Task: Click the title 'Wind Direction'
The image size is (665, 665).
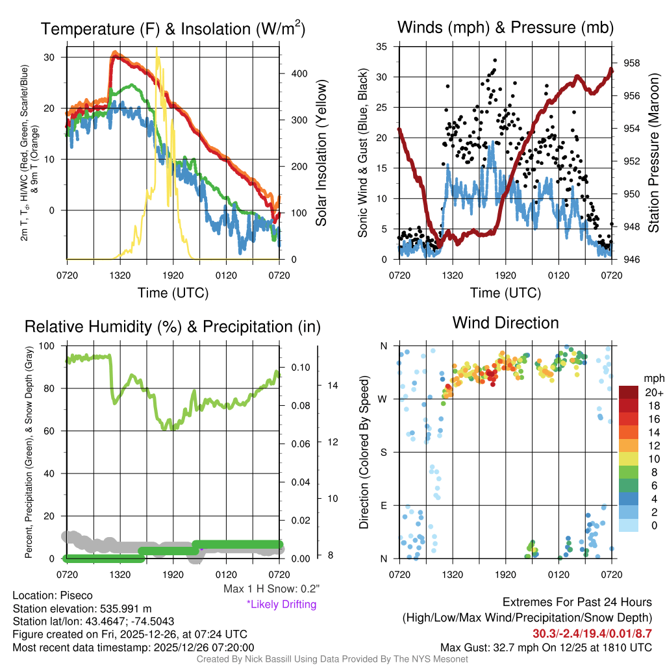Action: pos(505,323)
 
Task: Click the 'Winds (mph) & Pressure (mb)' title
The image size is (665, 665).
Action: pos(505,27)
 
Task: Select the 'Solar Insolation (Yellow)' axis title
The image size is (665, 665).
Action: pos(321,153)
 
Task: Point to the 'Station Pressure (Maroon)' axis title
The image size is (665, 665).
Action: pos(653,153)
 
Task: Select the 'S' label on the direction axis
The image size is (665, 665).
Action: pos(383,452)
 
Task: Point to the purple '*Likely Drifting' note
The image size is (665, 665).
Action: pos(281,605)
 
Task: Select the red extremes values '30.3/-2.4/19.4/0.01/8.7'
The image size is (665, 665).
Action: pos(592,633)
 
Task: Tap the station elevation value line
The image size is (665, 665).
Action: pos(82,609)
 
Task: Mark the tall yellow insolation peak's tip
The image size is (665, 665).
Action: pos(157,48)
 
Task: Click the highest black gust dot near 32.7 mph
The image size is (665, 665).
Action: pos(495,60)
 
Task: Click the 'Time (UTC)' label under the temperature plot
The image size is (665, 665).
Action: pos(173,293)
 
